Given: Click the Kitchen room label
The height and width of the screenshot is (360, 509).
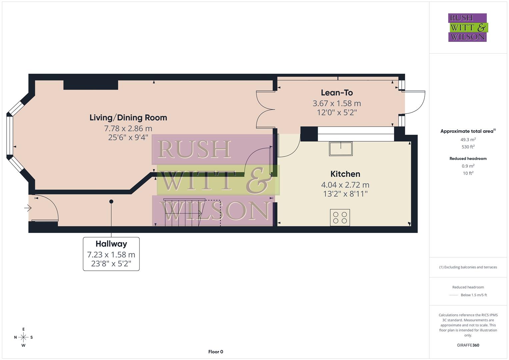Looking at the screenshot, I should [345, 174].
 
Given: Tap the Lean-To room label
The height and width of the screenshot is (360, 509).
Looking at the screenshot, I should [337, 93].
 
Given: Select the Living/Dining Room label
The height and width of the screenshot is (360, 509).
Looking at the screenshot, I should [128, 118].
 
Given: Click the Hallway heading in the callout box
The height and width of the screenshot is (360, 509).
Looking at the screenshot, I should [111, 244].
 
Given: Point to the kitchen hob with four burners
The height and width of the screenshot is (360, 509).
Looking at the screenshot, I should [340, 218].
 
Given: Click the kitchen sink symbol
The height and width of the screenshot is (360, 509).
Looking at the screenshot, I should [341, 149].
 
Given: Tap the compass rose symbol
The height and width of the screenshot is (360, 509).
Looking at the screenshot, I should [23, 337].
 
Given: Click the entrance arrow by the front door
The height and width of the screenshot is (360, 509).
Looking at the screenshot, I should [28, 208].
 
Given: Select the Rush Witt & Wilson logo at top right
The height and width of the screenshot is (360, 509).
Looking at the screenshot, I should [468, 27].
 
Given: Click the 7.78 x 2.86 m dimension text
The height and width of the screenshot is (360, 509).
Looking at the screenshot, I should [128, 128].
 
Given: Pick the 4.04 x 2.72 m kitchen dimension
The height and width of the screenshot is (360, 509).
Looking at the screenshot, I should [345, 185].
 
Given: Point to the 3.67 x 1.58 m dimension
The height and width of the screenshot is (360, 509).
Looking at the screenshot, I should [337, 103].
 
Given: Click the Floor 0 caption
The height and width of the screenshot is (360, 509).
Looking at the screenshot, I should [215, 352].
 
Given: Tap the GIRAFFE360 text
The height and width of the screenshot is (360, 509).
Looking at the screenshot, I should [468, 345].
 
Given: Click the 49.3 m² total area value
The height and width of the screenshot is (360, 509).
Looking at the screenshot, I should [468, 140].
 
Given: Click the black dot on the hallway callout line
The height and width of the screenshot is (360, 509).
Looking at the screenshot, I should [111, 202].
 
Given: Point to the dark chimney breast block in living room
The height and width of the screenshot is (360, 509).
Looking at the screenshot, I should [91, 85].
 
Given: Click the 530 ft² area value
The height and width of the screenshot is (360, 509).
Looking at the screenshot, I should [468, 147].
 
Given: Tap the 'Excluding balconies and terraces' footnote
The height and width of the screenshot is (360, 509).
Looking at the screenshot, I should [468, 267].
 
